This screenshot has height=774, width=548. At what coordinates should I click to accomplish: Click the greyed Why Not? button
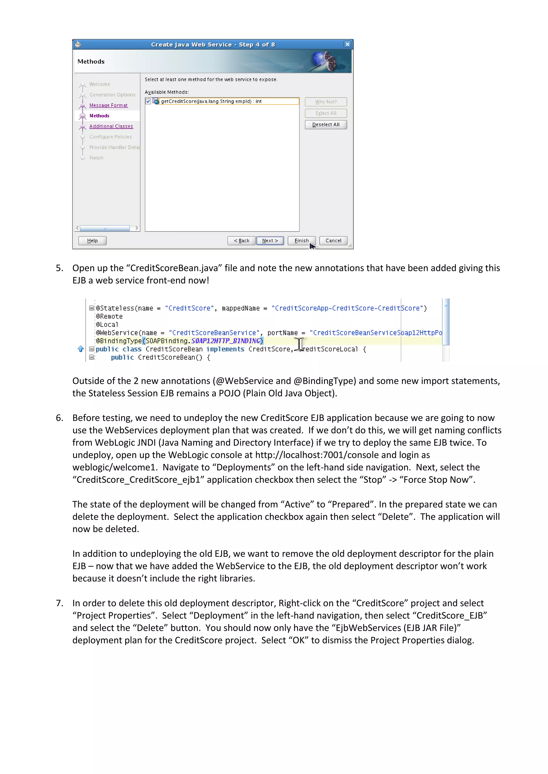326,102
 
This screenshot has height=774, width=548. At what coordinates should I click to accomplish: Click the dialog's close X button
347,44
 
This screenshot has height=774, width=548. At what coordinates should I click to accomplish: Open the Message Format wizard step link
108,105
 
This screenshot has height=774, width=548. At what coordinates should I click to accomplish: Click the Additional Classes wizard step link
111,126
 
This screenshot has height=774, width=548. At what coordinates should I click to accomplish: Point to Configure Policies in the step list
110,137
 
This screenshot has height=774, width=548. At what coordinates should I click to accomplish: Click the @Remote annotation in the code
109,316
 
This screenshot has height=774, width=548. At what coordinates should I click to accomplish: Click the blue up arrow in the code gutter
80,349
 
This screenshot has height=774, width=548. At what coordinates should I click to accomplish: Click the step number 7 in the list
59,603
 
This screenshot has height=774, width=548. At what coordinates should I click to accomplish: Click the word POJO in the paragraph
230,393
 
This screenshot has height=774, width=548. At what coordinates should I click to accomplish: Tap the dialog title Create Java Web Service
212,44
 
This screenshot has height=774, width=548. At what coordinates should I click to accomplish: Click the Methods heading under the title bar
91,61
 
